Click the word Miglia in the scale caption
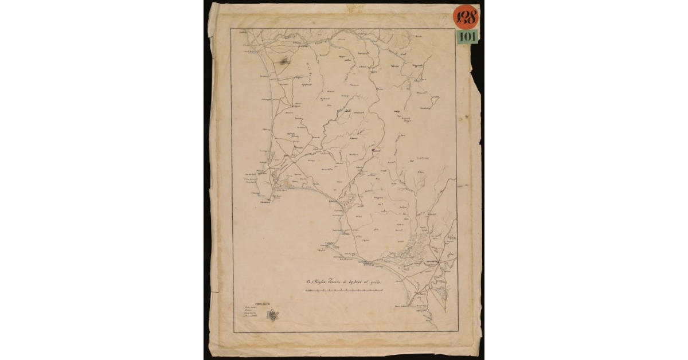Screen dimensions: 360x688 (324, 281)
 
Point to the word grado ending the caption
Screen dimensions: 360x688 (373, 281)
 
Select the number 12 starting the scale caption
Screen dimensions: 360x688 (308, 281)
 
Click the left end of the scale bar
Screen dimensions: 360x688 (305, 292)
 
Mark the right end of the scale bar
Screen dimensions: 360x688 (382, 292)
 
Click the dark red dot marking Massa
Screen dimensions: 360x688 (372, 150)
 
